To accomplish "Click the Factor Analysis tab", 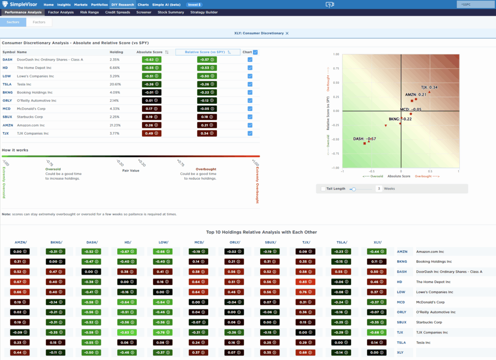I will tap(61, 12).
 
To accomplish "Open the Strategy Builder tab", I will tap(204, 12).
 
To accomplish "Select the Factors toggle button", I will tap(39, 22).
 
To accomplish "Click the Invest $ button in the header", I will tap(194, 4).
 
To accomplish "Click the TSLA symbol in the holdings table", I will tap(7, 84).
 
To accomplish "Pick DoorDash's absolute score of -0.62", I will tap(152, 60).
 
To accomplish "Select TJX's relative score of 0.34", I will tap(207, 133).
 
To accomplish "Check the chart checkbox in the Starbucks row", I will tap(250, 117).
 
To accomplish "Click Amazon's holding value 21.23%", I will tap(115, 125).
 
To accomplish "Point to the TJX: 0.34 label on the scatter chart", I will tap(429, 87).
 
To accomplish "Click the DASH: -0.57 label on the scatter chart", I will tap(364, 139).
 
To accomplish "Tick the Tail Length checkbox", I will tap(323, 188).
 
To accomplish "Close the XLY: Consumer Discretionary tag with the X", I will tap(287, 33).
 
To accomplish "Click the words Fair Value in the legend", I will tap(131, 170).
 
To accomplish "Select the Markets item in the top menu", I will tap(81, 4).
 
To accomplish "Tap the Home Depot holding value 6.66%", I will tap(114, 68).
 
